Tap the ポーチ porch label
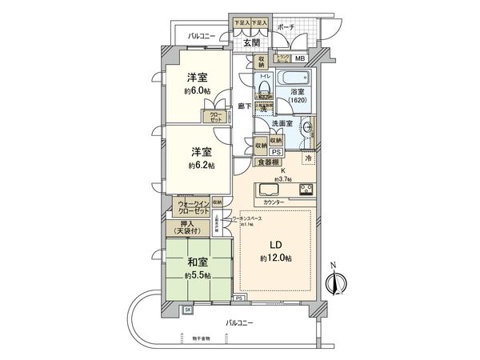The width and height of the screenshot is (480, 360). coord(286,27)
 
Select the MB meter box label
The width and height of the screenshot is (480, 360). coord(300,58)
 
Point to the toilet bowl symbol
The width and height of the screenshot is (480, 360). coord(264,89)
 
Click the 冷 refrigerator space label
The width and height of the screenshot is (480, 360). coord(308,158)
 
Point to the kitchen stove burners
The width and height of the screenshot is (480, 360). coord(306,190)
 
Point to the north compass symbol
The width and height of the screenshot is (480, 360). coord(337,282)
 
